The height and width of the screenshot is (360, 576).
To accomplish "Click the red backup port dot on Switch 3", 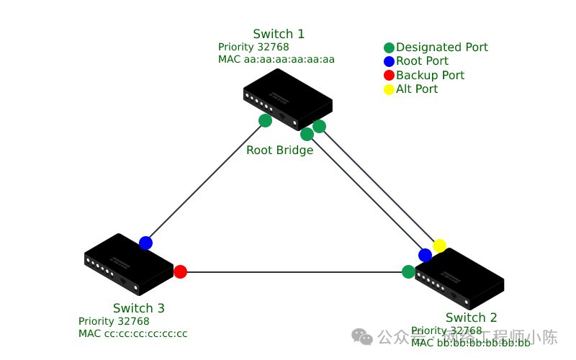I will pyautogui.click(x=180, y=271).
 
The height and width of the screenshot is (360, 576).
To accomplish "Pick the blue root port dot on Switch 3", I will pyautogui.click(x=145, y=243).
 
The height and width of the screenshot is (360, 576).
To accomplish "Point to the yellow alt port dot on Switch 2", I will pyautogui.click(x=439, y=246).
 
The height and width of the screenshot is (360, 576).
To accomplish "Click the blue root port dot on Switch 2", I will pyautogui.click(x=425, y=255).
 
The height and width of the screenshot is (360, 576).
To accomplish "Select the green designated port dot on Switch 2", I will pyautogui.click(x=408, y=271).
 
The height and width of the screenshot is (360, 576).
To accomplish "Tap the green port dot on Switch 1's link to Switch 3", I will pyautogui.click(x=265, y=120).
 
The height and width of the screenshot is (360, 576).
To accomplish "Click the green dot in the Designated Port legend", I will pyautogui.click(x=389, y=48).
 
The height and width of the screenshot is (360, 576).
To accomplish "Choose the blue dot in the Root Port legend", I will pyautogui.click(x=389, y=61).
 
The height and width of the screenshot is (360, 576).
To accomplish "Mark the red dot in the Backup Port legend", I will pyautogui.click(x=389, y=75).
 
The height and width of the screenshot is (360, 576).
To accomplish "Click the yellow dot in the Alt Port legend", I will pyautogui.click(x=389, y=89).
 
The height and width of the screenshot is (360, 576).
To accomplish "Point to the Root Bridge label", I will pyautogui.click(x=279, y=150).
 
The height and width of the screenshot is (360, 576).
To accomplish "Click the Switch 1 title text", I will pyautogui.click(x=279, y=34).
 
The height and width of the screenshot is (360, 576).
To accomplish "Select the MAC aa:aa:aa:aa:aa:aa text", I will pyautogui.click(x=276, y=59).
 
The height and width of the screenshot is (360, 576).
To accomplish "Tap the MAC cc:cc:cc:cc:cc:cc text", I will pyautogui.click(x=132, y=333).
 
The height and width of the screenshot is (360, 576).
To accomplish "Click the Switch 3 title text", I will pyautogui.click(x=138, y=308).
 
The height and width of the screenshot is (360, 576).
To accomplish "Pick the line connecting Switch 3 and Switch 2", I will pyautogui.click(x=295, y=272).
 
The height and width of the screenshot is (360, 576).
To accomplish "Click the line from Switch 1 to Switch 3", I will pyautogui.click(x=205, y=181).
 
